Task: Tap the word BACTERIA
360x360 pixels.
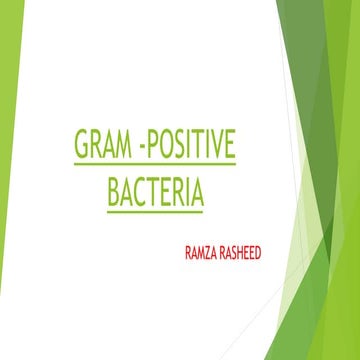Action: [154, 189]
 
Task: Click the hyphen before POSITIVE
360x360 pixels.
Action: [142, 148]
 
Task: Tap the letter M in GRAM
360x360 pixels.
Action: [122, 146]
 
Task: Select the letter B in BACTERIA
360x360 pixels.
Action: [113, 189]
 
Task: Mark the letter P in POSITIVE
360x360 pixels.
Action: [154, 146]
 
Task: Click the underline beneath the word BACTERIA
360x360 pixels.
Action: [154, 208]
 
